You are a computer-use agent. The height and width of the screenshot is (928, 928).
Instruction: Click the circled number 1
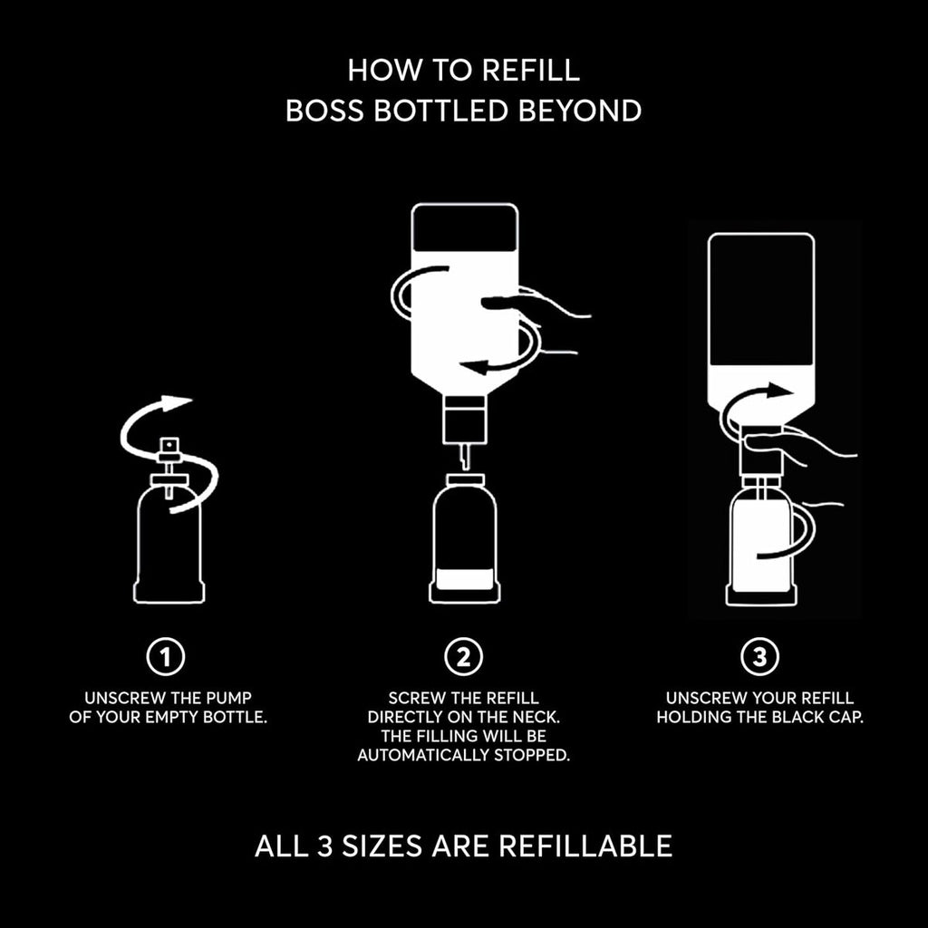[166, 656]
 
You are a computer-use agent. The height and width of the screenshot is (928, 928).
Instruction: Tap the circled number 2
[463, 656]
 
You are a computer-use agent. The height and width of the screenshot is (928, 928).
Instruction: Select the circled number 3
[760, 656]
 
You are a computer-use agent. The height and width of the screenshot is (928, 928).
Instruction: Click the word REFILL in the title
[530, 70]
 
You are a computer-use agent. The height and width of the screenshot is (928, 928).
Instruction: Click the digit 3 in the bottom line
[325, 846]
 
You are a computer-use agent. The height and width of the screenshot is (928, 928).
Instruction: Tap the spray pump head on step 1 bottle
[169, 449]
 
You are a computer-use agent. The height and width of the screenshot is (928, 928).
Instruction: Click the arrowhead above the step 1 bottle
[177, 402]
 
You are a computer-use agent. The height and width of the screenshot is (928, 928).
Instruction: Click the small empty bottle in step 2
[465, 538]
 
